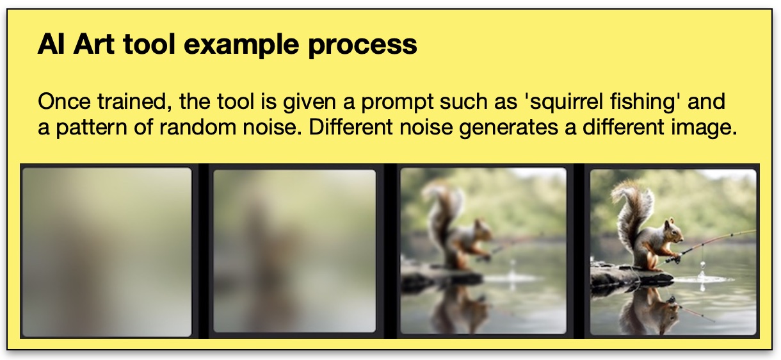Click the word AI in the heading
click(51, 44)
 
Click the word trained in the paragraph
click(134, 102)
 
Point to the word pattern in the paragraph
click(92, 128)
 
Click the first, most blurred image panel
click(107, 252)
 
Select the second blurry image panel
click(294, 251)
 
